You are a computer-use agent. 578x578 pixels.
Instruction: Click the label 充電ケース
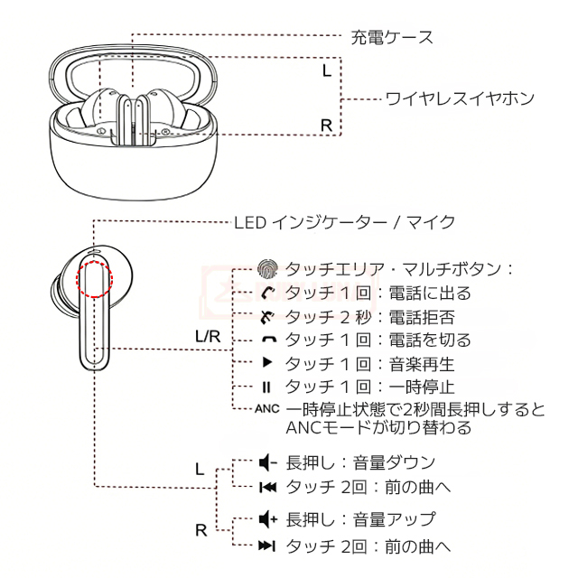tap(391, 37)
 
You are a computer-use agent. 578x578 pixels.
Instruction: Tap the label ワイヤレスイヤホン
tap(460, 98)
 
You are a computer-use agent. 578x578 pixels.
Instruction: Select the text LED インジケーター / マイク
tap(344, 221)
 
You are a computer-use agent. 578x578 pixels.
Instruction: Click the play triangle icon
tap(266, 363)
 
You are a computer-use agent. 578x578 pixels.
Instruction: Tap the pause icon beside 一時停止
tap(266, 387)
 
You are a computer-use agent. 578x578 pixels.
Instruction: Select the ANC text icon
tap(267, 409)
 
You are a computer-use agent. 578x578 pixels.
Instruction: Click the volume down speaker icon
tap(266, 463)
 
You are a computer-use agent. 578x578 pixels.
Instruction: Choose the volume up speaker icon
tap(266, 519)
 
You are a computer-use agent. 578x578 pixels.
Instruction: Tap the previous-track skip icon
tap(266, 488)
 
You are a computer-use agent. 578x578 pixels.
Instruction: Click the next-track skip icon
tap(266, 545)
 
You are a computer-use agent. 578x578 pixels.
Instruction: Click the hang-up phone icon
tap(266, 340)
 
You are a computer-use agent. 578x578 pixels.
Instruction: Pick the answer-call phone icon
tap(266, 293)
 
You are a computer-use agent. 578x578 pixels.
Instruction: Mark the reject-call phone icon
tap(266, 316)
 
